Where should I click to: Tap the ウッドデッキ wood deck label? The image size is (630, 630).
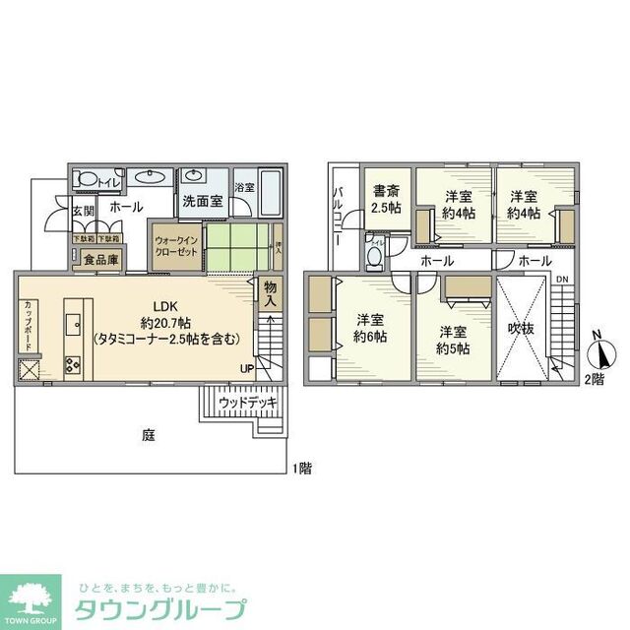coord(246,403)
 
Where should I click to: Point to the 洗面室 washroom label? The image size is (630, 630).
coord(201,202)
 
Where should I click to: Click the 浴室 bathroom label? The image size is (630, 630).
coord(245,186)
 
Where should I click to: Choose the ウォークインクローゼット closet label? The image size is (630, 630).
coord(176,245)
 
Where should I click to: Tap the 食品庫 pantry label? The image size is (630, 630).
coord(100,261)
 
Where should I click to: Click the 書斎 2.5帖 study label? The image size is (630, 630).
coord(384,200)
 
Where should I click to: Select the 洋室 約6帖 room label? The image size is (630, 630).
coord(370,327)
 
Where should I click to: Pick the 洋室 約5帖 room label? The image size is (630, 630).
coord(455,340)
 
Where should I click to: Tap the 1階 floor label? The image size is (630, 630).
coord(300,469)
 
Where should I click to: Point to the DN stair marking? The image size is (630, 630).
coord(561,280)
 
